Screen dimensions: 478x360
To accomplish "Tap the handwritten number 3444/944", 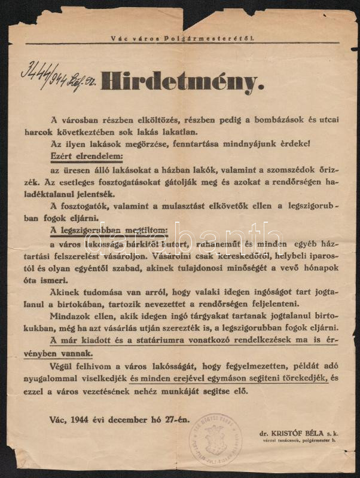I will [x=45, y=76].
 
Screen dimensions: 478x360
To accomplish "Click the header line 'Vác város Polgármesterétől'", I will [x=182, y=38].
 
